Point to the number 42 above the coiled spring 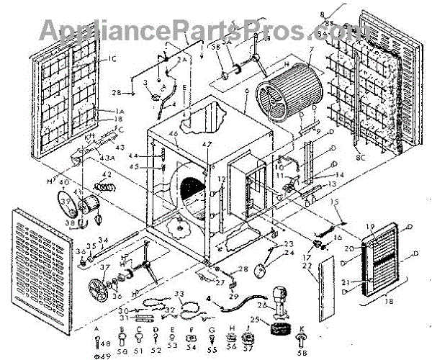106,175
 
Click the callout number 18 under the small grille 390,303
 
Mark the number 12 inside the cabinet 222,178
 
